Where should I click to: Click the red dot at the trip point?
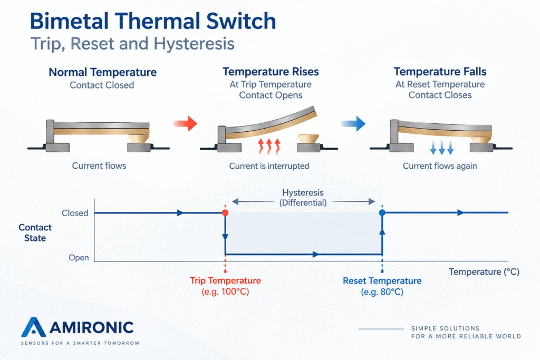(225, 213)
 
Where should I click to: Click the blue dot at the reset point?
(382, 213)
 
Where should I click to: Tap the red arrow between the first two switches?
(185, 123)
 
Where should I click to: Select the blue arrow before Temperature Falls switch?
(353, 123)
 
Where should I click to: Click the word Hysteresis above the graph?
(303, 192)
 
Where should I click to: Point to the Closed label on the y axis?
(75, 213)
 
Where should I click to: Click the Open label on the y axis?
(79, 257)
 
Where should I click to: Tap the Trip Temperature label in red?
(225, 280)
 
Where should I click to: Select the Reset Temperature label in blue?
(382, 281)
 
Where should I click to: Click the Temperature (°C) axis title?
(484, 272)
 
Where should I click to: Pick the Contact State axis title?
(35, 232)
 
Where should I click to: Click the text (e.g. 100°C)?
(225, 291)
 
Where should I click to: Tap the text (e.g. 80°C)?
(382, 292)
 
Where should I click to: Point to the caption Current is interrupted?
(269, 166)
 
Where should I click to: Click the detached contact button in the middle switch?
(308, 139)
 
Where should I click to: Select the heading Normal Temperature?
(103, 72)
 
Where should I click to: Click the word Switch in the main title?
(241, 21)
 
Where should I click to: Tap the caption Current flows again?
(440, 166)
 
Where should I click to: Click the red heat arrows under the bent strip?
(269, 147)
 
